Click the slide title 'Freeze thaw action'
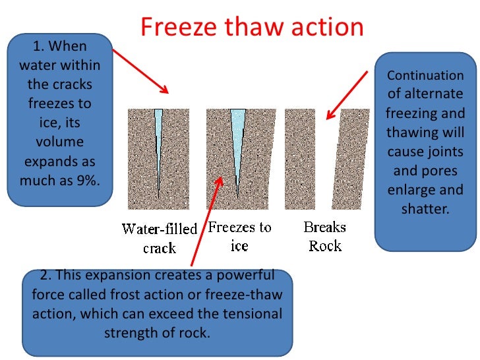pyautogui.click(x=252, y=27)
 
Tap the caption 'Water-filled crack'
pyautogui.click(x=159, y=239)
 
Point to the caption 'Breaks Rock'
pyautogui.click(x=324, y=237)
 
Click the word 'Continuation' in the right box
pyautogui.click(x=425, y=75)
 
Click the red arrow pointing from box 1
pyautogui.click(x=138, y=69)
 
